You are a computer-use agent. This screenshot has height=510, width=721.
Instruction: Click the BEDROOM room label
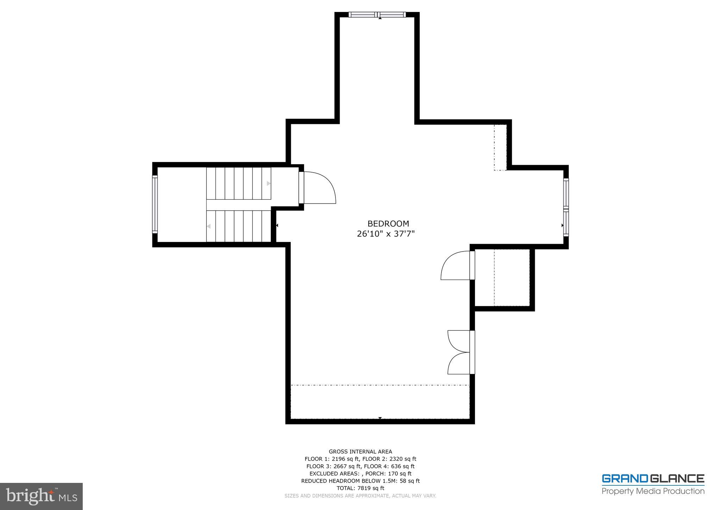coord(388,224)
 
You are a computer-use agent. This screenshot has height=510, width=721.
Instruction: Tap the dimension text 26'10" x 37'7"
coord(386,234)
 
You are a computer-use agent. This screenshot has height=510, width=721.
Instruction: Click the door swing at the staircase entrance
coord(319,188)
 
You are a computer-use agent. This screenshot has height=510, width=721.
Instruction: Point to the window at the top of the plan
coord(377,15)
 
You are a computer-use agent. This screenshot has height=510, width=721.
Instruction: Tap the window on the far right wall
coord(566,207)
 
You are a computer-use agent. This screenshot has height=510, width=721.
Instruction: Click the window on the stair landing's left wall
coord(155,204)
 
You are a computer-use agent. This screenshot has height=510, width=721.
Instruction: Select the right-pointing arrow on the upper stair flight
coord(269,184)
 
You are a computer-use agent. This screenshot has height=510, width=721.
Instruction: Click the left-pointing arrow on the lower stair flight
coord(209,226)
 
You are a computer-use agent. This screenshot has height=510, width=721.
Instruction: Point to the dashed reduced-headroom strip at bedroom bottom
coord(380,402)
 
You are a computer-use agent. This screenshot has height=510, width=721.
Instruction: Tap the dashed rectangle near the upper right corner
coord(500,147)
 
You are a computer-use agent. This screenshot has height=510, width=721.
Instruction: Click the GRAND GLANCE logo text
coord(653,479)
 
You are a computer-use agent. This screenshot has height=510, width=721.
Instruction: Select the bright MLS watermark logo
coord(41,496)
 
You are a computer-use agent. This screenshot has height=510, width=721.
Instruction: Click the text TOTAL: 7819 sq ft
coord(360,488)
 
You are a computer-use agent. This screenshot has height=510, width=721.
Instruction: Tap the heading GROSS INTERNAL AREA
coord(360,452)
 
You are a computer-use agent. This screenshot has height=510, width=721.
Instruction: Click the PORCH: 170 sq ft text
coord(388,474)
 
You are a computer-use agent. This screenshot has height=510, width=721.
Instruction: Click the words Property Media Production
coord(653,491)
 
